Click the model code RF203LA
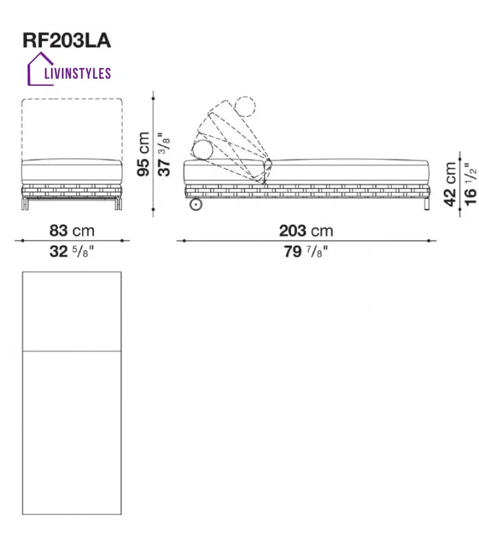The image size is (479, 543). point(66,41)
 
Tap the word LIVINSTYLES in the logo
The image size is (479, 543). point(78,73)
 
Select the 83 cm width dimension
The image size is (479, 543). point(72,231)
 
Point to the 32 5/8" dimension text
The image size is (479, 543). point(72,252)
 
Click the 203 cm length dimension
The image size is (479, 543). point(306,231)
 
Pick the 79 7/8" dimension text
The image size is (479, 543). point(306,252)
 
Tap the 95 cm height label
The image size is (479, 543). point(143,154)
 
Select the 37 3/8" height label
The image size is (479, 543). point(164,154)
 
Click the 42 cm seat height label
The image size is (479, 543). point(450,184)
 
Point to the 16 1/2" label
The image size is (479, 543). point(470,184)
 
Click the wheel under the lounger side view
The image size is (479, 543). point(196,204)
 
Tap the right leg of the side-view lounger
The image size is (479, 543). point(426,204)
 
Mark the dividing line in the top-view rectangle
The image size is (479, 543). point(72,351)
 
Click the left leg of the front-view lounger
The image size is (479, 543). point(24,204)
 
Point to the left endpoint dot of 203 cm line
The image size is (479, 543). point(184,241)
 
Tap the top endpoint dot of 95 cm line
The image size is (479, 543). point(153,99)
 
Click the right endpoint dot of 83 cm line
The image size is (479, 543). point(122,241)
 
